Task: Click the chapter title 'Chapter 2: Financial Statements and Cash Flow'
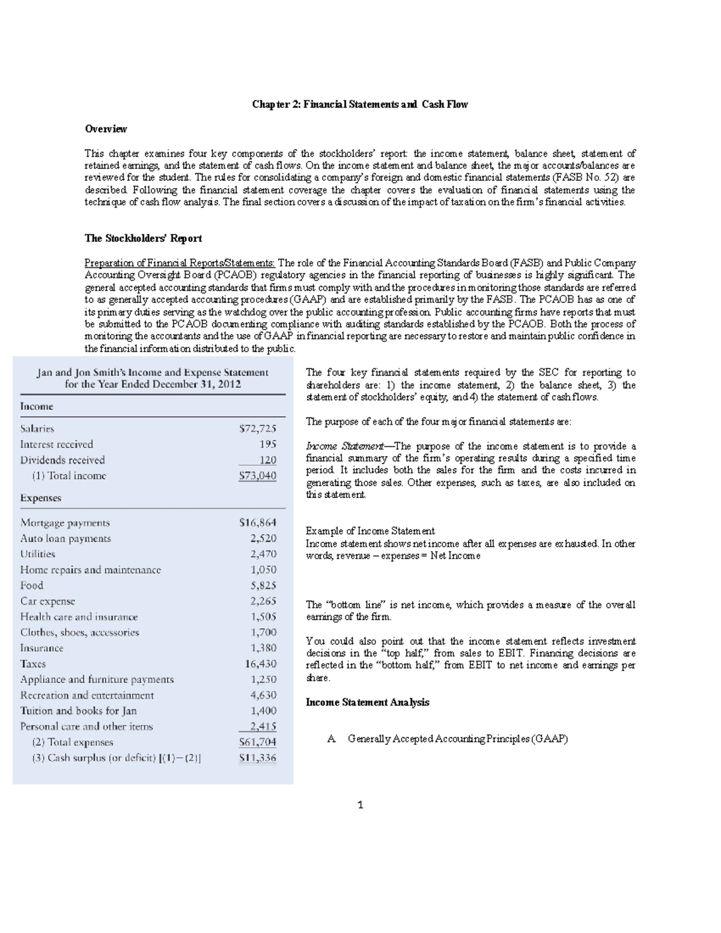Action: coord(359,105)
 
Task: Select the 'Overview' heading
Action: coord(106,129)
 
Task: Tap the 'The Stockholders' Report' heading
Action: coord(143,239)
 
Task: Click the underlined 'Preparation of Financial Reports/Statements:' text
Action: coord(180,263)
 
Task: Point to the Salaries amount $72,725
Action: coord(258,429)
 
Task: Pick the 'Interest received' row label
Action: coord(56,445)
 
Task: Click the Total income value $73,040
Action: coord(258,476)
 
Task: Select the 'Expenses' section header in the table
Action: coord(41,498)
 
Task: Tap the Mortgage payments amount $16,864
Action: coord(258,523)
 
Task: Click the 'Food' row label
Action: coord(32,586)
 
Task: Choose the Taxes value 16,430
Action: coord(260,664)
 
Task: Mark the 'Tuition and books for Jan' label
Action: coord(78,711)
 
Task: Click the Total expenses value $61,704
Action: coord(258,742)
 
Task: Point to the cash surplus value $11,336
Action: coord(258,758)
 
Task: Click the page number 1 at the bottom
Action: coord(360,805)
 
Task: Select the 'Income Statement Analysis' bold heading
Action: coord(367,702)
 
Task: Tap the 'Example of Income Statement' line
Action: coord(370,531)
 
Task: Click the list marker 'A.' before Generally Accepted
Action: coord(331,739)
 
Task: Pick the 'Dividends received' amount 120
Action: coord(267,460)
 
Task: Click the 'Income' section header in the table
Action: coord(37,407)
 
